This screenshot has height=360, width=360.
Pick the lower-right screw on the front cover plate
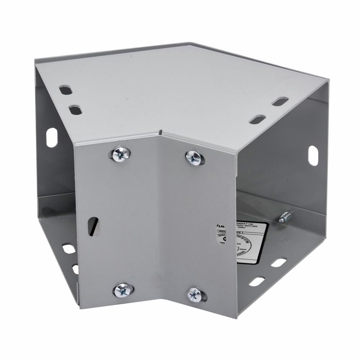195,294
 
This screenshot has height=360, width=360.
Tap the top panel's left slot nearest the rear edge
66,90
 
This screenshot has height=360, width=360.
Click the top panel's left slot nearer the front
75,109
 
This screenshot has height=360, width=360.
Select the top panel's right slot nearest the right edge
280,102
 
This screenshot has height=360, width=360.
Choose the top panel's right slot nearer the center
257,119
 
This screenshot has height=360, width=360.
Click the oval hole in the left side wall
51,138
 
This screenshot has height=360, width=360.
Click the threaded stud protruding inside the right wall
285,217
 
